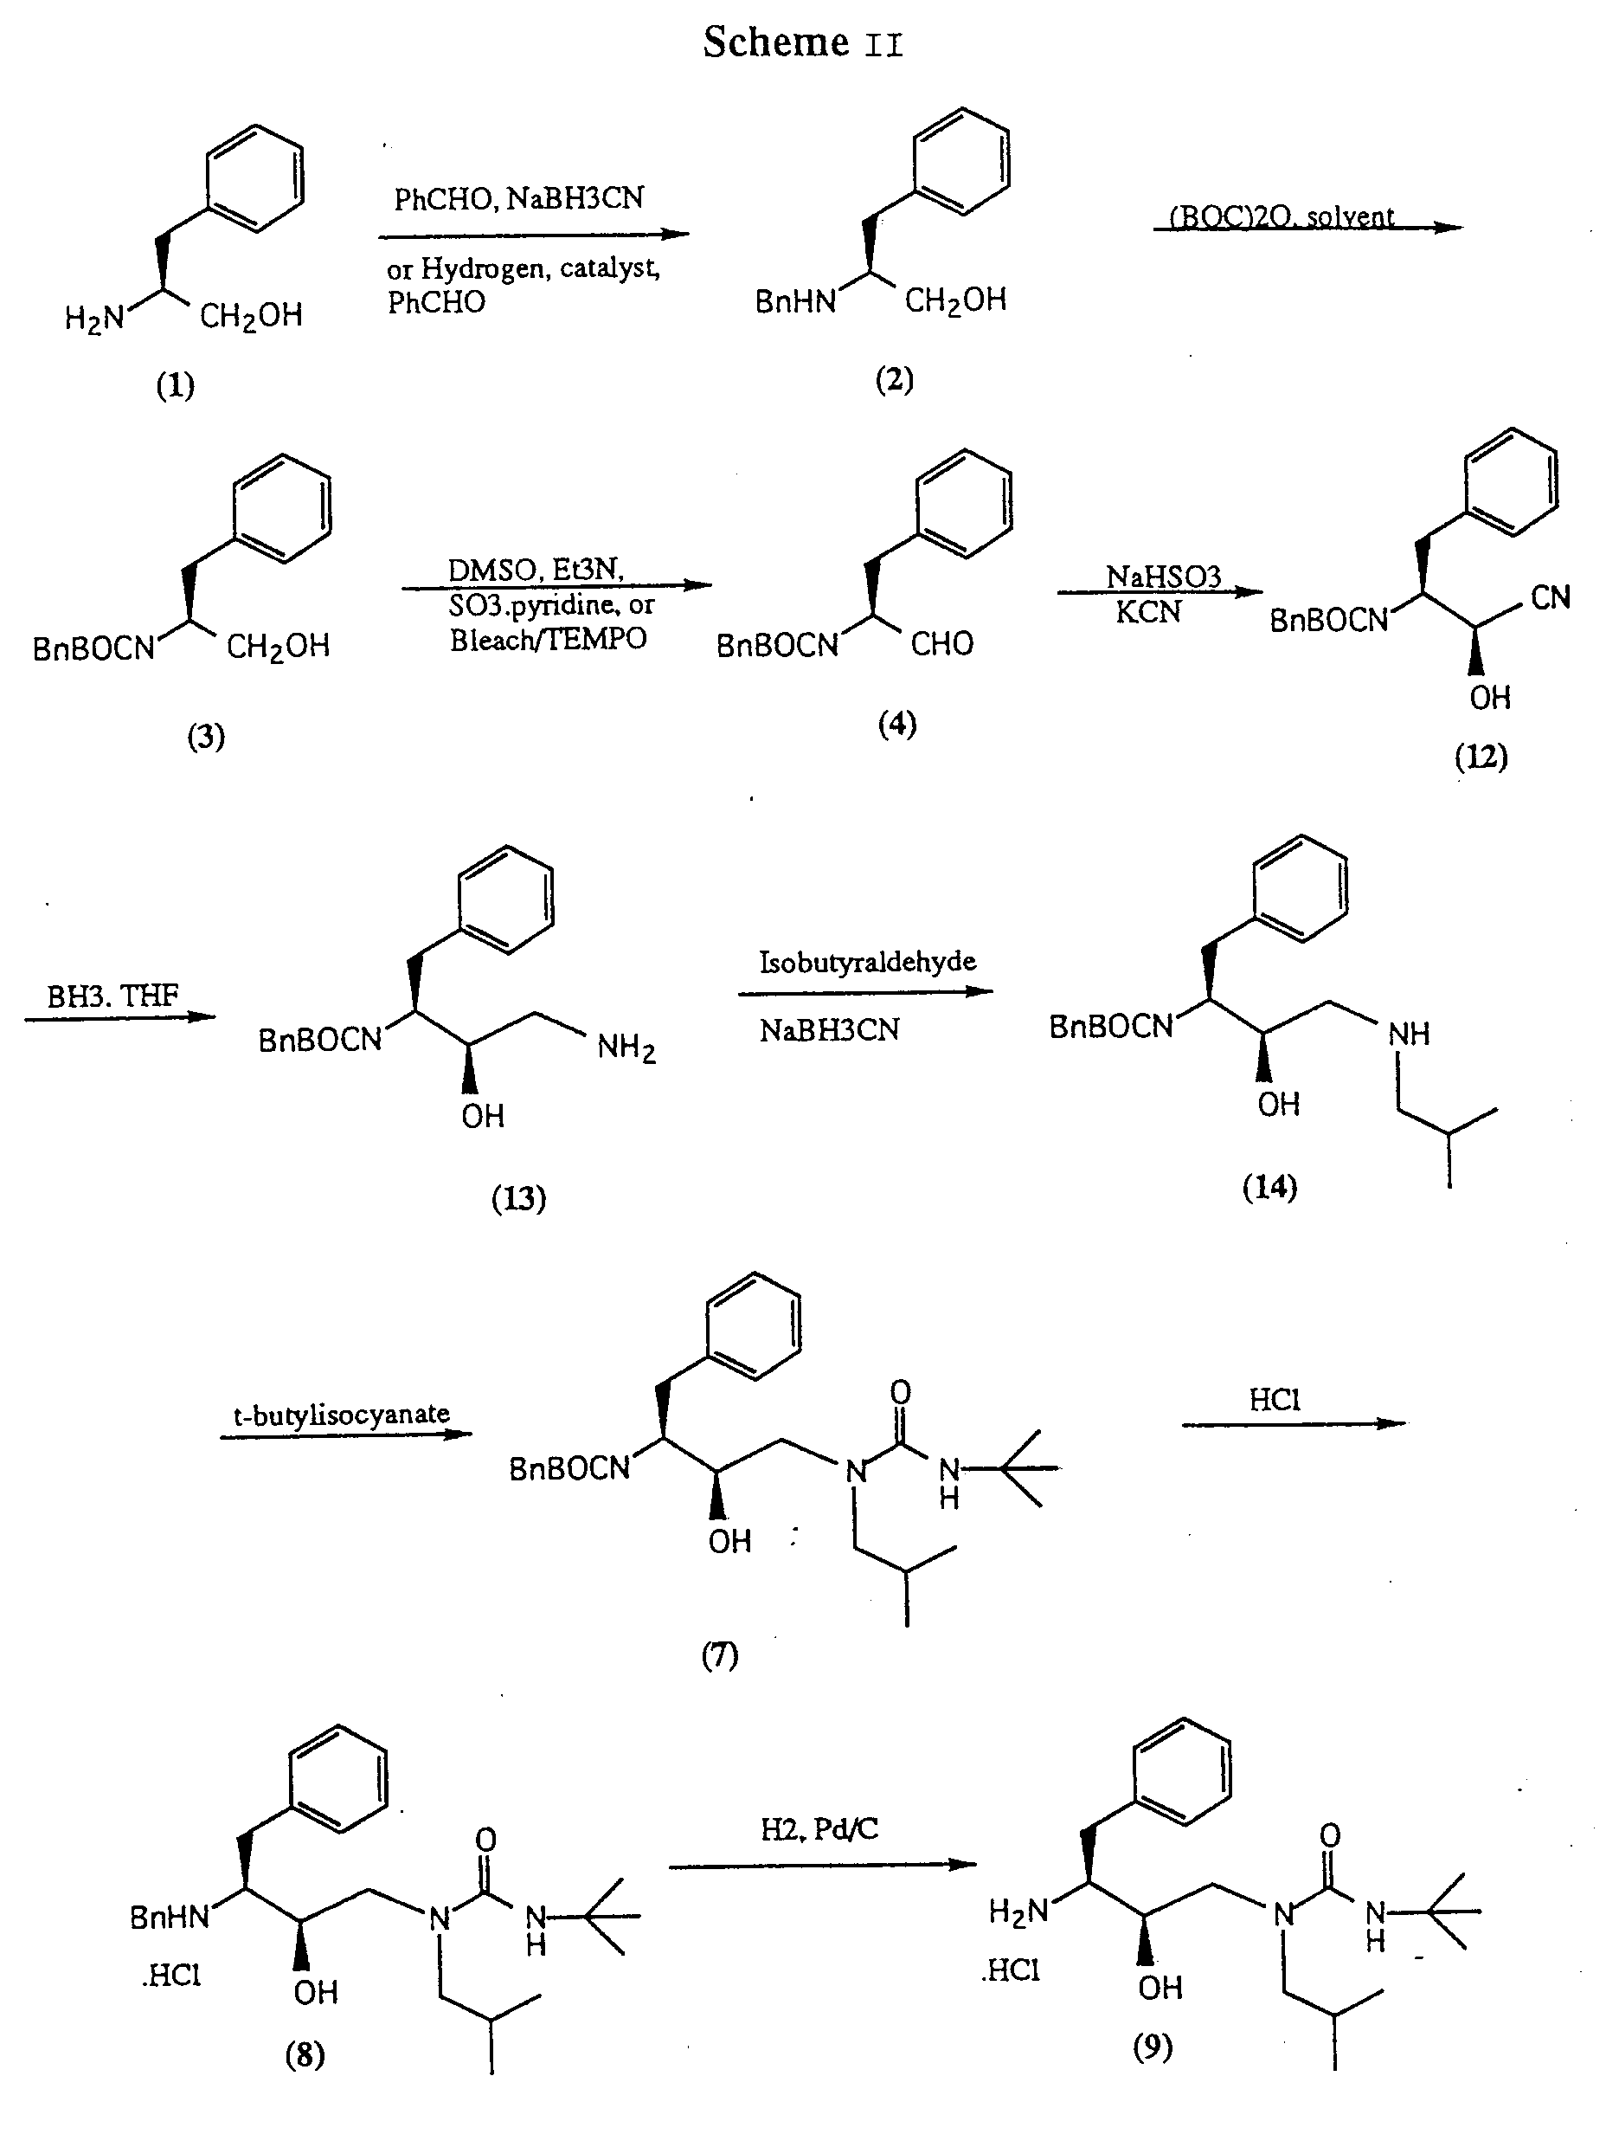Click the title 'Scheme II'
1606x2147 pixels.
click(x=802, y=42)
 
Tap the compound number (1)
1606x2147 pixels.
click(x=176, y=385)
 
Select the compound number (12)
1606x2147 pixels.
click(x=1481, y=756)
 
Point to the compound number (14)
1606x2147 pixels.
click(x=1269, y=1186)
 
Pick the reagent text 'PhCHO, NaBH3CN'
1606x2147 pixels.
click(x=518, y=199)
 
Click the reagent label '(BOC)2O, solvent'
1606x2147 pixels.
click(x=1281, y=216)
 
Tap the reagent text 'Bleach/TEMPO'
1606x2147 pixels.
click(x=547, y=640)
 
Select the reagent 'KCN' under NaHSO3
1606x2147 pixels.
click(x=1148, y=612)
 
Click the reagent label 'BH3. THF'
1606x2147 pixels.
click(x=112, y=996)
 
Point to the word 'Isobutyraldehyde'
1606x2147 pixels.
click(x=866, y=962)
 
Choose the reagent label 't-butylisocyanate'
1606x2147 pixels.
click(x=342, y=1415)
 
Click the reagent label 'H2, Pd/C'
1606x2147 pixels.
click(x=819, y=1829)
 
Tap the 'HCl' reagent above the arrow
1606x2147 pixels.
click(x=1274, y=1400)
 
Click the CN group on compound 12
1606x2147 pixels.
click(x=1550, y=598)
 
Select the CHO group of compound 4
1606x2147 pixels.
click(x=941, y=643)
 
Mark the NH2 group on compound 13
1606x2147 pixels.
click(x=626, y=1048)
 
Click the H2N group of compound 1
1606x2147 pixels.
click(x=94, y=318)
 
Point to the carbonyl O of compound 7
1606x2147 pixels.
click(x=901, y=1394)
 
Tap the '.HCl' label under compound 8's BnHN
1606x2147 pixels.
click(x=170, y=1976)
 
